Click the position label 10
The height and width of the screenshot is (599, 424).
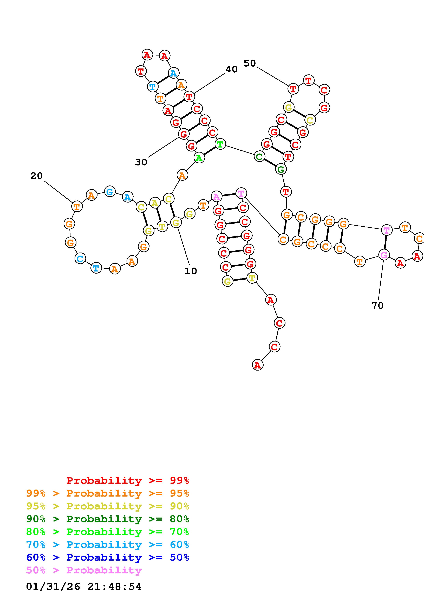click(x=191, y=271)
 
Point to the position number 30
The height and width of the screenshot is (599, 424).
click(x=141, y=162)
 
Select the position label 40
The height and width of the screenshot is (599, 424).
click(x=231, y=69)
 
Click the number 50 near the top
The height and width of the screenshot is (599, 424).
click(x=250, y=63)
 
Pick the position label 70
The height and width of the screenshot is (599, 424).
click(x=377, y=305)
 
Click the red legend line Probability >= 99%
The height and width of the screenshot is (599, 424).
click(x=127, y=480)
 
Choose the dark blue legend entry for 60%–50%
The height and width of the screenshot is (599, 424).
click(x=107, y=558)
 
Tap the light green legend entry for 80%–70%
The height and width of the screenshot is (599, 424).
click(x=107, y=532)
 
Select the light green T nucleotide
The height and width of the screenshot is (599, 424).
click(x=220, y=144)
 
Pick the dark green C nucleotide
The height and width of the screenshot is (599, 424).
click(x=259, y=157)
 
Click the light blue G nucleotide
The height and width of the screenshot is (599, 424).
click(x=110, y=191)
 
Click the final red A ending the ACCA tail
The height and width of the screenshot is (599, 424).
click(x=258, y=365)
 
